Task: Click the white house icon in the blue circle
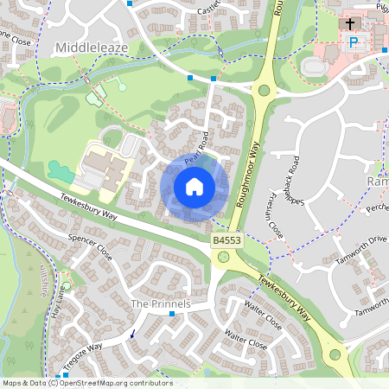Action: [194, 187]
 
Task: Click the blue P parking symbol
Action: [353, 41]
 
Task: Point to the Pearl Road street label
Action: [196, 146]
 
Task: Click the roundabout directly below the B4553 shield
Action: [224, 257]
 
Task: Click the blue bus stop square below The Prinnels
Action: [172, 315]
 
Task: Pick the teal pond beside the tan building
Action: [60, 170]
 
